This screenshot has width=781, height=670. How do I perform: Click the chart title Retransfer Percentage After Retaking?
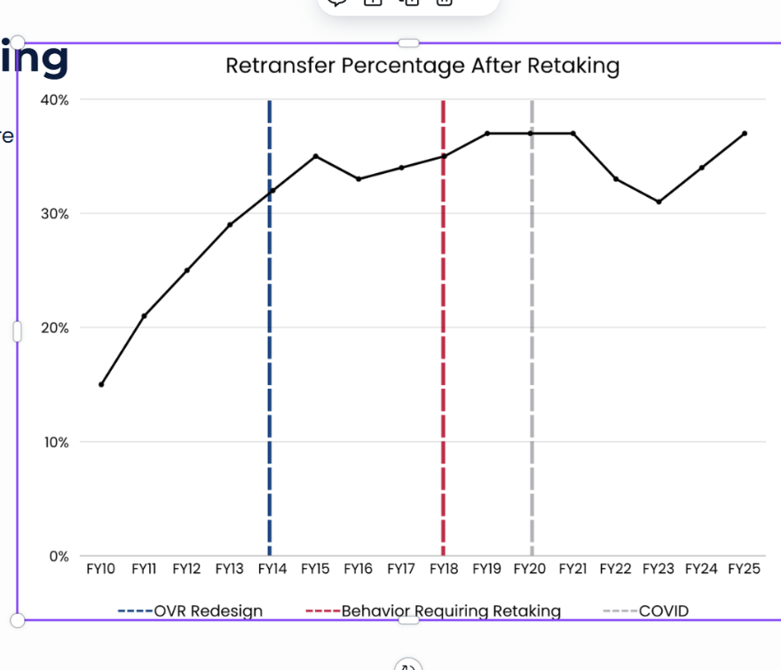tap(422, 66)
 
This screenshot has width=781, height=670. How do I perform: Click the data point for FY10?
tap(101, 384)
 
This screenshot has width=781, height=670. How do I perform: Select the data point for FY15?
tap(315, 156)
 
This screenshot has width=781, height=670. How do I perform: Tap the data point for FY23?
tap(659, 201)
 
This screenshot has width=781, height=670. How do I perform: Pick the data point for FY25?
tap(744, 133)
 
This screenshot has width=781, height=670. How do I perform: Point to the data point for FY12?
tap(186, 271)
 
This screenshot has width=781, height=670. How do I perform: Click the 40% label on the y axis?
tap(55, 99)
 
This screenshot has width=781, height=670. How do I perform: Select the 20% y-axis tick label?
tap(55, 327)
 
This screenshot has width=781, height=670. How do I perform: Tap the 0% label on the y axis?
tap(59, 556)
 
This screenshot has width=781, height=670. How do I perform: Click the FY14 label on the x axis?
tap(272, 569)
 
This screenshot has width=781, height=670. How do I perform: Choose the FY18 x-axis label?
tap(444, 569)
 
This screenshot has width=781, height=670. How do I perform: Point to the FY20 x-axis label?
tap(530, 569)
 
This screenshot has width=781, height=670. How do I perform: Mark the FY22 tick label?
tap(616, 569)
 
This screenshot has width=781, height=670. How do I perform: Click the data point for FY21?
tap(572, 133)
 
